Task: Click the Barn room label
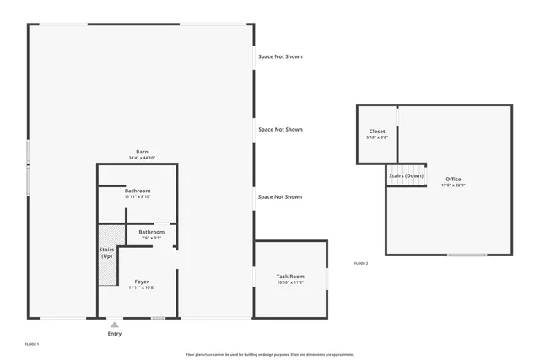pos(142,152)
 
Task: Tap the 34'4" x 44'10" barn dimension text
pos(142,159)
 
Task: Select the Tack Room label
pos(290,277)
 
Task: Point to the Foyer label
pos(142,282)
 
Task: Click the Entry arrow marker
pos(114,324)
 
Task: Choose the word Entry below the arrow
pos(114,335)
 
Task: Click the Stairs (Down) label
pos(407,175)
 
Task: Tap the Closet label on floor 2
pos(377,132)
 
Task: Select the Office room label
pos(453,179)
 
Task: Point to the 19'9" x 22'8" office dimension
pos(453,185)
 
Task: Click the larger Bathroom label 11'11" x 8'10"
pos(138,191)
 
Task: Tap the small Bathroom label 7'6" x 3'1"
pos(152,232)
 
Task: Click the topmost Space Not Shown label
pos(280,57)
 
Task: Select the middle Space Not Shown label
pos(280,130)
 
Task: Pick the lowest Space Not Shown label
pos(280,197)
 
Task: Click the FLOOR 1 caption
pos(32,345)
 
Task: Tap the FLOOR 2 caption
pos(361,264)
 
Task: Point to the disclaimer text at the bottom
pos(270,355)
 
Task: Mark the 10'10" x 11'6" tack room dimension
pos(290,283)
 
